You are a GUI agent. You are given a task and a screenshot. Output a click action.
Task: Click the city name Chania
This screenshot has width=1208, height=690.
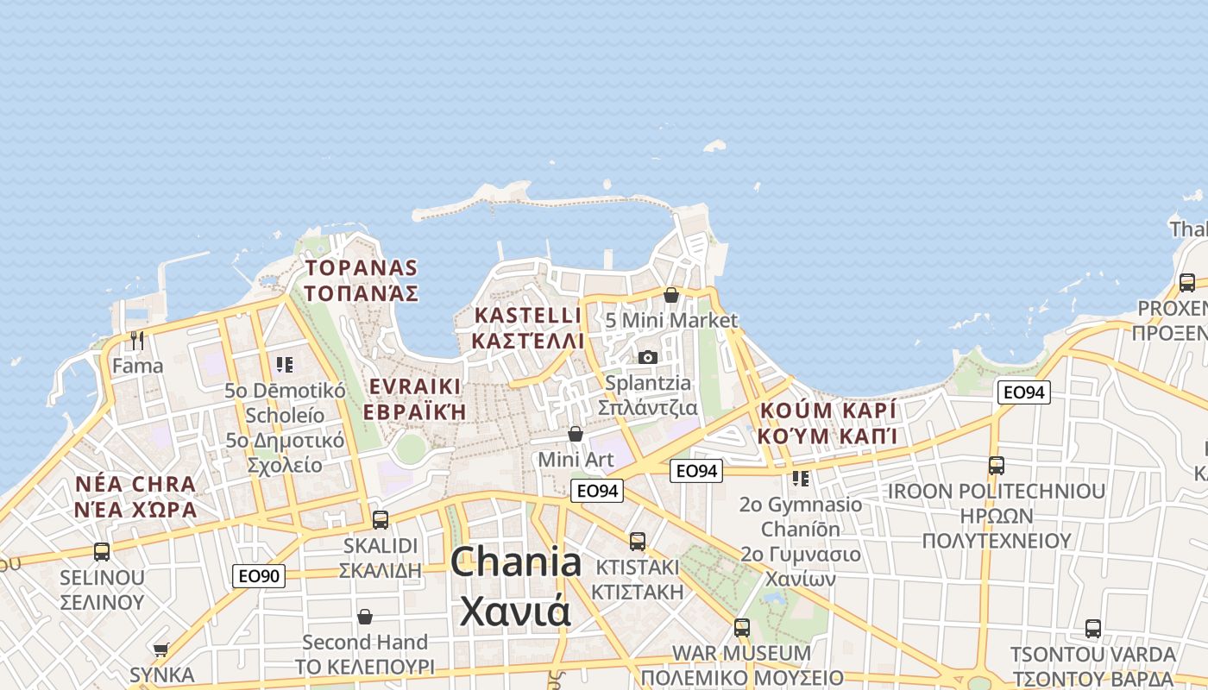click(x=515, y=562)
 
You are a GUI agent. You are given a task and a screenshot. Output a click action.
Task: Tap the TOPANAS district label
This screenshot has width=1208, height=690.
click(x=361, y=268)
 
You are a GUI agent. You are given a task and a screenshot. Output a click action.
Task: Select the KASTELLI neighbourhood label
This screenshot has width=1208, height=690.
click(x=527, y=316)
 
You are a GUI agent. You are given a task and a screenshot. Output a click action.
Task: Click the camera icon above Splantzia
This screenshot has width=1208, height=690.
click(x=647, y=357)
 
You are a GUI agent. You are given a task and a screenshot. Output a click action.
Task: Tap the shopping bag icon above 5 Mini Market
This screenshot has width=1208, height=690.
click(x=671, y=295)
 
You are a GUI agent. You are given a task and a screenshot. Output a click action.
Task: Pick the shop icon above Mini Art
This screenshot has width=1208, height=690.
click(x=576, y=434)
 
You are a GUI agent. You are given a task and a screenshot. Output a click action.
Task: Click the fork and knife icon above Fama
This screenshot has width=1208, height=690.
click(x=136, y=340)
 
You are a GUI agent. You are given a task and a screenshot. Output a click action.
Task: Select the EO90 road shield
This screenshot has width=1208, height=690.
click(x=258, y=576)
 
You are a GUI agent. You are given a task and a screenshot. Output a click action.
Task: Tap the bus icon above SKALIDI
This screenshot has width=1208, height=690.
click(x=380, y=520)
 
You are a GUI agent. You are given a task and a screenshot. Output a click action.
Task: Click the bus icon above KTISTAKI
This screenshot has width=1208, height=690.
click(x=637, y=542)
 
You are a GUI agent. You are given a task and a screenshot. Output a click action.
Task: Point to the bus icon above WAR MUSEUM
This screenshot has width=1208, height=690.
click(x=741, y=628)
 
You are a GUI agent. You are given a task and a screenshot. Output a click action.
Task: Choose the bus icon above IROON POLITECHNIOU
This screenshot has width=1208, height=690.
click(x=997, y=466)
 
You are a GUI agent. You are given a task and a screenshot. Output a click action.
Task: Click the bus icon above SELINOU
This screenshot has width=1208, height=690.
click(x=102, y=552)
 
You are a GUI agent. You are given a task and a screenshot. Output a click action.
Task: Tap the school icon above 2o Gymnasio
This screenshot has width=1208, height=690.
click(x=801, y=478)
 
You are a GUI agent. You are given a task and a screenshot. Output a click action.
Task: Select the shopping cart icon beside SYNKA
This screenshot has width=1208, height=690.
click(x=160, y=649)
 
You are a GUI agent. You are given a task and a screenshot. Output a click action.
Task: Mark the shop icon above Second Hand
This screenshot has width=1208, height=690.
click(x=365, y=617)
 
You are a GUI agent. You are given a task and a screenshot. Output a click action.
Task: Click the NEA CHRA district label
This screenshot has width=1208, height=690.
click(x=135, y=484)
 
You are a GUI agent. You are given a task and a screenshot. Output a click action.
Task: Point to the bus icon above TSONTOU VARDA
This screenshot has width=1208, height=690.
click(x=1092, y=629)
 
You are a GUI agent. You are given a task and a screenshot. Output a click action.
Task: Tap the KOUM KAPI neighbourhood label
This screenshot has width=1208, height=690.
click(x=827, y=411)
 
